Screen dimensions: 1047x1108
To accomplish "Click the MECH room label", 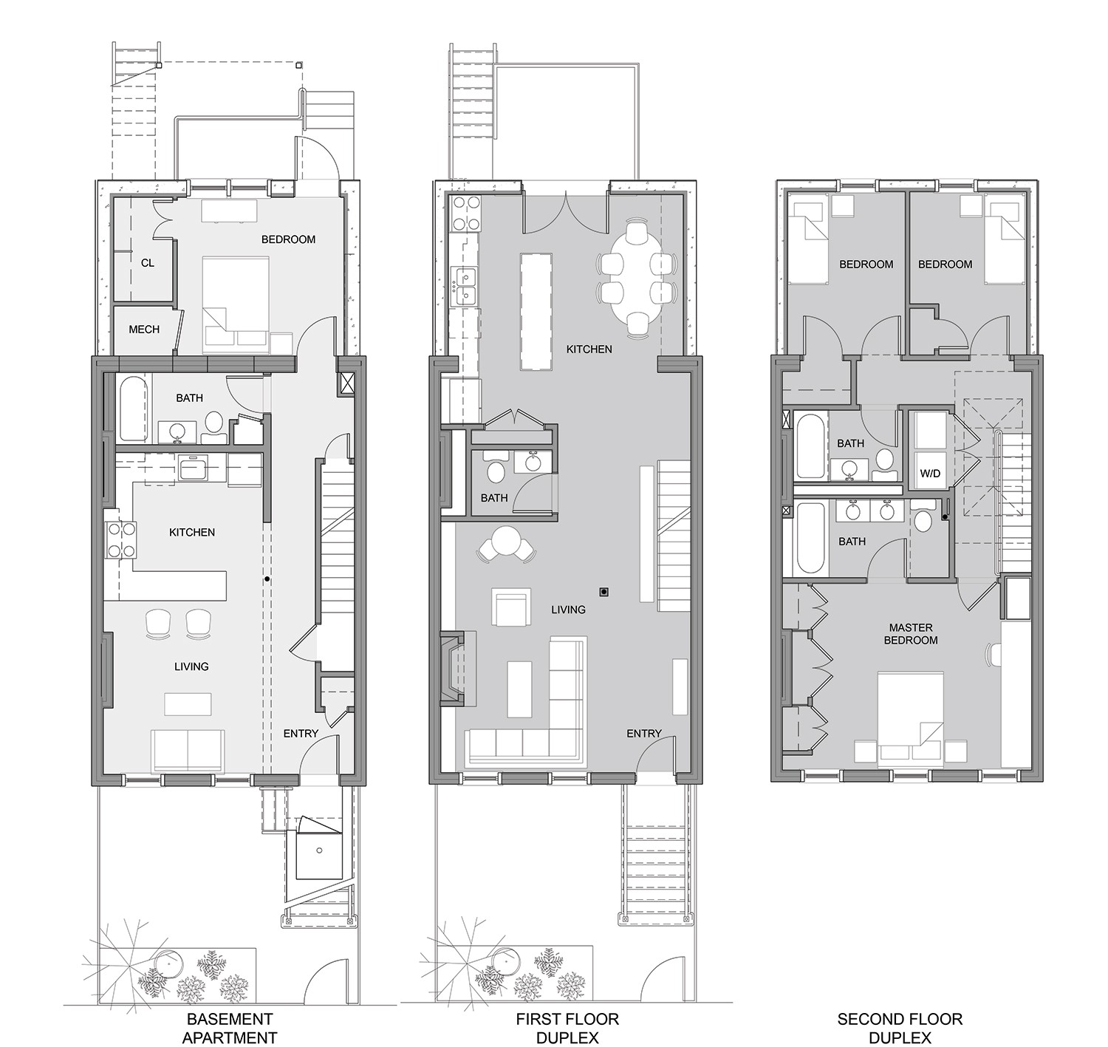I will click(x=144, y=330).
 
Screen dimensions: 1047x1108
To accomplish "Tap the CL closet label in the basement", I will click(x=148, y=263).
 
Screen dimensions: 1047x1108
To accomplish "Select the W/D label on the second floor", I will click(x=930, y=474).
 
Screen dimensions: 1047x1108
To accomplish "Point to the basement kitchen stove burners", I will click(x=120, y=539).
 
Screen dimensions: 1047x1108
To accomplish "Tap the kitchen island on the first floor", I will click(x=536, y=311).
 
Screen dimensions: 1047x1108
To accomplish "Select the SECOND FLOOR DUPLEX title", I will click(x=900, y=1029).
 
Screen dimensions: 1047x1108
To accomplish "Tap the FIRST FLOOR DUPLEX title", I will click(x=567, y=1029).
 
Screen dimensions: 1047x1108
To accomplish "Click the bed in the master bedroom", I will click(x=911, y=715).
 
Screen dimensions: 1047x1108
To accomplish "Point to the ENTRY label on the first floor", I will click(x=643, y=733).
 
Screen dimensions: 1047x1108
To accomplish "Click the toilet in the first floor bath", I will click(x=494, y=471).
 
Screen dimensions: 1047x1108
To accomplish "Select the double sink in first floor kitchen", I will click(x=465, y=287).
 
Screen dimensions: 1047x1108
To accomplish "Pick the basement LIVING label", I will click(x=191, y=666).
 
